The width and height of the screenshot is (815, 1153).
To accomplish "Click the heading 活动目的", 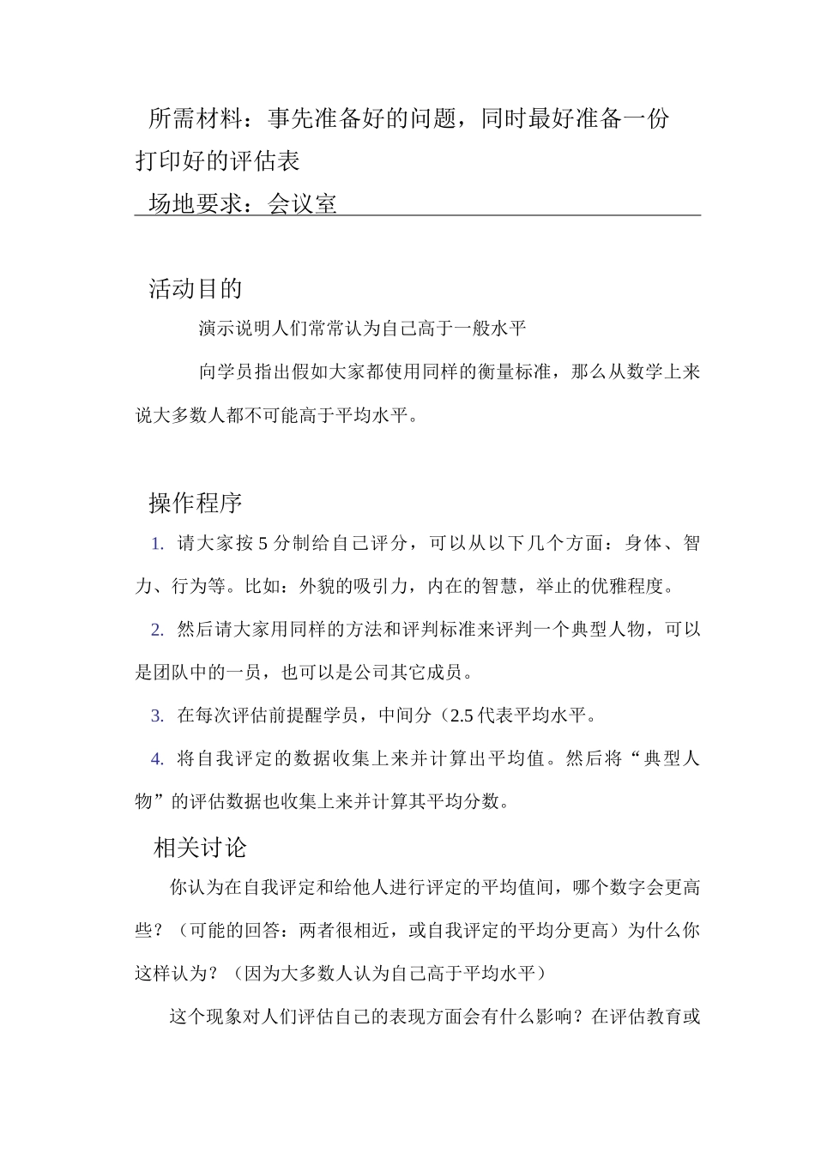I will point(196,289).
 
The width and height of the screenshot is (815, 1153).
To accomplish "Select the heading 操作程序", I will point(196,504).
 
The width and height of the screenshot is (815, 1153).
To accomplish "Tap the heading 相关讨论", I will point(200,848).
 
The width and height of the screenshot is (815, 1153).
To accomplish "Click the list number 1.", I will point(157,544).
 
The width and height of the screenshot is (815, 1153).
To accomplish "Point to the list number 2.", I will point(157,631).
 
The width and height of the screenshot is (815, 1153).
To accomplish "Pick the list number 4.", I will point(157,759).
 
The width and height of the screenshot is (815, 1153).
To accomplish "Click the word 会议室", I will point(303,204).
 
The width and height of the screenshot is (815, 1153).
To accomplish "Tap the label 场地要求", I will point(196,204).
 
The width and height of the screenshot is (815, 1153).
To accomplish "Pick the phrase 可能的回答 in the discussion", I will point(226,931).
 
